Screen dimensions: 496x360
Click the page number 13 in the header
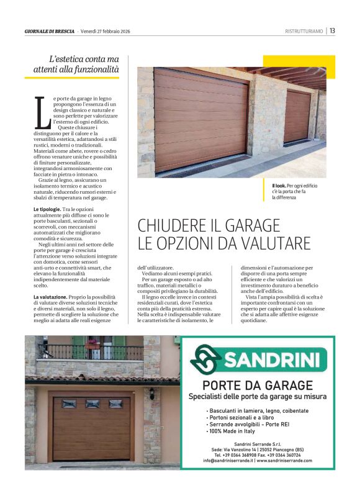pyautogui.click(x=333, y=31)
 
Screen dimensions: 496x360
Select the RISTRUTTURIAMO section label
pyautogui.click(x=304, y=31)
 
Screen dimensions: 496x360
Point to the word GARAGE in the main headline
pyautogui.click(x=248, y=225)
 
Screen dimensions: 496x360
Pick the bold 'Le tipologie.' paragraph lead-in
pyautogui.click(x=47, y=210)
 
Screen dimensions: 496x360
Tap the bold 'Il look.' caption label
pyautogui.click(x=279, y=186)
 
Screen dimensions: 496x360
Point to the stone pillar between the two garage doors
pyautogui.click(x=267, y=118)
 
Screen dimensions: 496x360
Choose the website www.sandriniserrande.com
pyautogui.click(x=284, y=460)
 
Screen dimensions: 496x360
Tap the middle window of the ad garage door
pyautogui.click(x=92, y=404)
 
